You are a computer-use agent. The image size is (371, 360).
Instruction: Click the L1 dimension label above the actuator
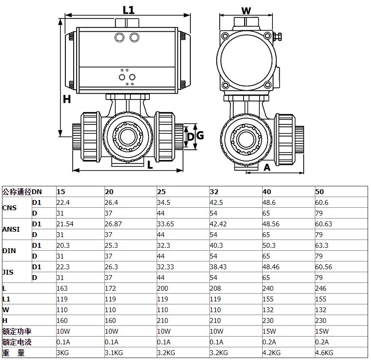(128, 10)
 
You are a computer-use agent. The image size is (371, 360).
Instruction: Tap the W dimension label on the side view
(246, 10)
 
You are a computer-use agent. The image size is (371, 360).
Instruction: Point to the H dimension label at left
(67, 99)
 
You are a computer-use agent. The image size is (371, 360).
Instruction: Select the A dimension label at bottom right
(267, 167)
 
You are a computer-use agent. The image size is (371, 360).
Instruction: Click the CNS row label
(9, 208)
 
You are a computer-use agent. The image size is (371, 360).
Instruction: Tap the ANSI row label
(11, 229)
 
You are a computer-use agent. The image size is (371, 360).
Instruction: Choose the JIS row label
(8, 272)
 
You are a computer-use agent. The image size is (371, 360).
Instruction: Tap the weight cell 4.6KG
(324, 353)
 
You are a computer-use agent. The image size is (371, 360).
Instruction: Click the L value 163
(62, 288)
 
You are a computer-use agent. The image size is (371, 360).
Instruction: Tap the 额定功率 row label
(15, 331)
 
